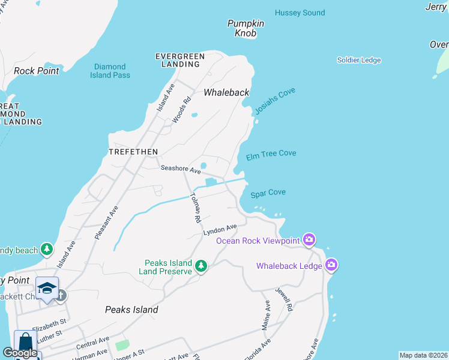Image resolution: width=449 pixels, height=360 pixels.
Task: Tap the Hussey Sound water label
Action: point(300,13)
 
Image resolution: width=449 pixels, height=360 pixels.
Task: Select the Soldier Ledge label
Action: point(359,60)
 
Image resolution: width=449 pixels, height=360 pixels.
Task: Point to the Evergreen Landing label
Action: point(180,61)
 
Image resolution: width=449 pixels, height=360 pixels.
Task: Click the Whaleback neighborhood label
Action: point(226,92)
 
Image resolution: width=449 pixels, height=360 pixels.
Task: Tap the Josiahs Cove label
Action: point(275,101)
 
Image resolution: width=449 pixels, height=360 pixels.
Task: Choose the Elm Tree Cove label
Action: point(271,154)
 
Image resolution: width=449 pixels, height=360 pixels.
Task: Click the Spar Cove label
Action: point(268,193)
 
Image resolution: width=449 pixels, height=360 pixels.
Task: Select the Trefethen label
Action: point(133,152)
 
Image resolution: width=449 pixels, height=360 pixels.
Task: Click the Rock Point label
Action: point(37,71)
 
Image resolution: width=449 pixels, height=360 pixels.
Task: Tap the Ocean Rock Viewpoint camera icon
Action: point(309,240)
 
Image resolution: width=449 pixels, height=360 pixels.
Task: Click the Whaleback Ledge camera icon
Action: point(331,265)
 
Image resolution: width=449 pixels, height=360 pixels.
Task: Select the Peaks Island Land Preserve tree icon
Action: point(201,266)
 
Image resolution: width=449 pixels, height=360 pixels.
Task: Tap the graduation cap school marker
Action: point(47,288)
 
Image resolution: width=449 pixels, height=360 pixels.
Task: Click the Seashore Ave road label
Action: point(180,170)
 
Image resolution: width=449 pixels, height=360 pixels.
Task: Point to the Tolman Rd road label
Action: point(195,208)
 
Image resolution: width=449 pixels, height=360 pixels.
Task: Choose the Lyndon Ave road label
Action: point(220,230)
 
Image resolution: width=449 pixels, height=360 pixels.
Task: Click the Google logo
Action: point(20,353)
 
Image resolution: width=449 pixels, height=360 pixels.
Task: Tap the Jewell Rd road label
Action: point(283,298)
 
